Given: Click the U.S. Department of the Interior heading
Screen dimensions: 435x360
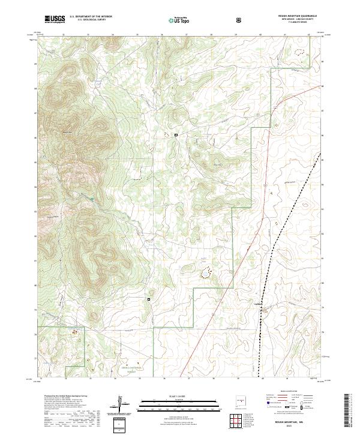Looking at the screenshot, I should (x=90, y=17).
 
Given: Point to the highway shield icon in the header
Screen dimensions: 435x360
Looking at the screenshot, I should (x=241, y=20).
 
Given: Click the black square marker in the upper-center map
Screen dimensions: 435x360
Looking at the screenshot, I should (x=176, y=135).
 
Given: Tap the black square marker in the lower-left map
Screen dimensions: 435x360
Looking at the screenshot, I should (x=148, y=298).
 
